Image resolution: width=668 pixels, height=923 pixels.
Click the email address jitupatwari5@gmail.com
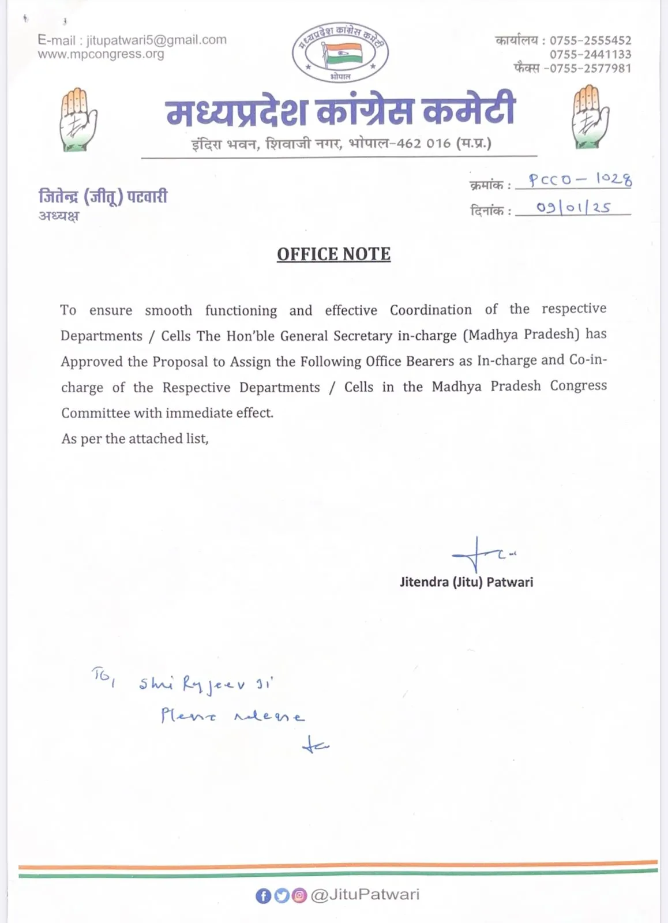(x=156, y=40)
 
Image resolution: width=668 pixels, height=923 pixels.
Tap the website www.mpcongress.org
(x=101, y=54)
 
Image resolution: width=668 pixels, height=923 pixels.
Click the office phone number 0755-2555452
(x=590, y=40)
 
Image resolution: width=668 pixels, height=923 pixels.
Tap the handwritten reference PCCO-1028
(x=580, y=179)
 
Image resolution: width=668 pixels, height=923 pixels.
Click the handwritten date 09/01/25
(x=573, y=207)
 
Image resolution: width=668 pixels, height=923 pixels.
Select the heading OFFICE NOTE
(x=333, y=254)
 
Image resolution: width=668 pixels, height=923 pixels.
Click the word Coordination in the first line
(x=430, y=310)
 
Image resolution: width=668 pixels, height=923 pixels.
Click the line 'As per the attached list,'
(x=135, y=439)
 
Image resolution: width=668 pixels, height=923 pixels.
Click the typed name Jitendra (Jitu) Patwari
(x=466, y=582)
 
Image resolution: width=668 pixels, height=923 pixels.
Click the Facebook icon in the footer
(x=263, y=895)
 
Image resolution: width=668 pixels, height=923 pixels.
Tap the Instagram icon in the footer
(x=299, y=895)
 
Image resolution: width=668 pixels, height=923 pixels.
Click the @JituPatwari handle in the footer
(x=365, y=895)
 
